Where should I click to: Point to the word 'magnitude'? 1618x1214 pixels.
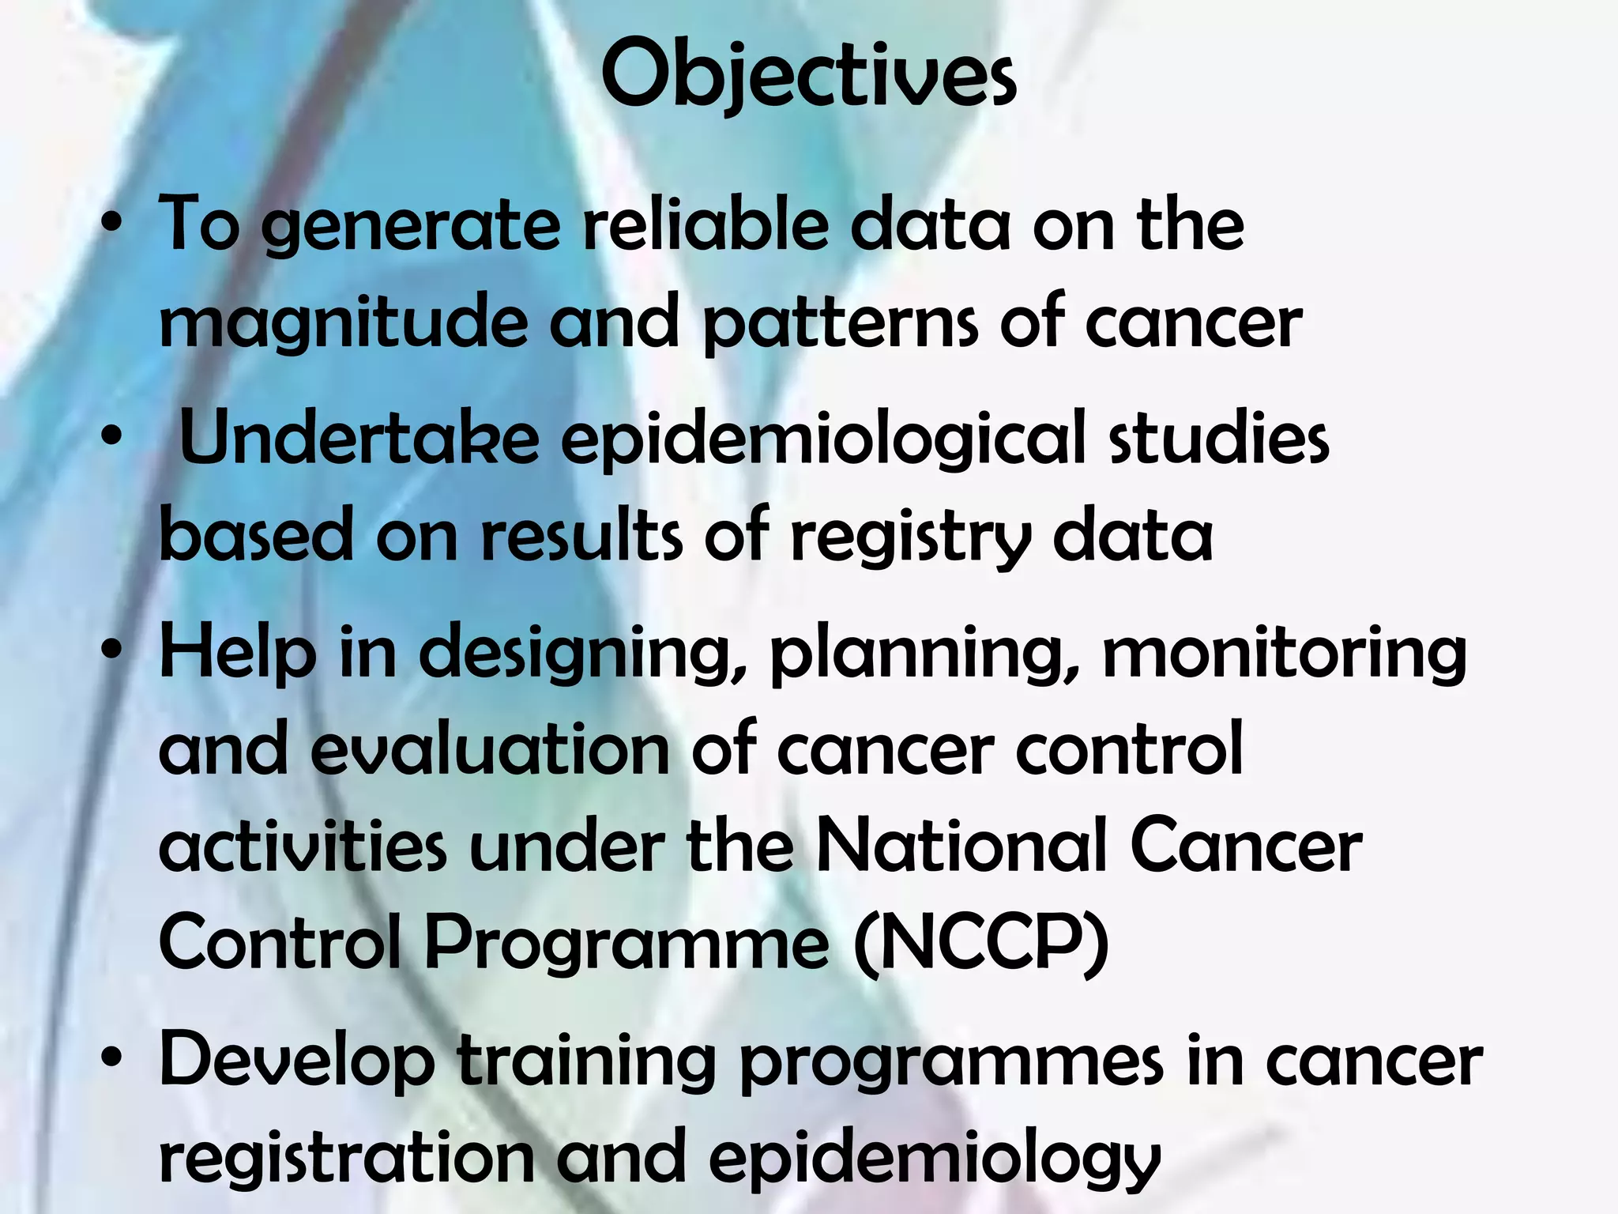click(342, 324)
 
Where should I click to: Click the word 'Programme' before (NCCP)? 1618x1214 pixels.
click(627, 945)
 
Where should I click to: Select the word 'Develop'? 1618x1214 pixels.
click(297, 1063)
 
